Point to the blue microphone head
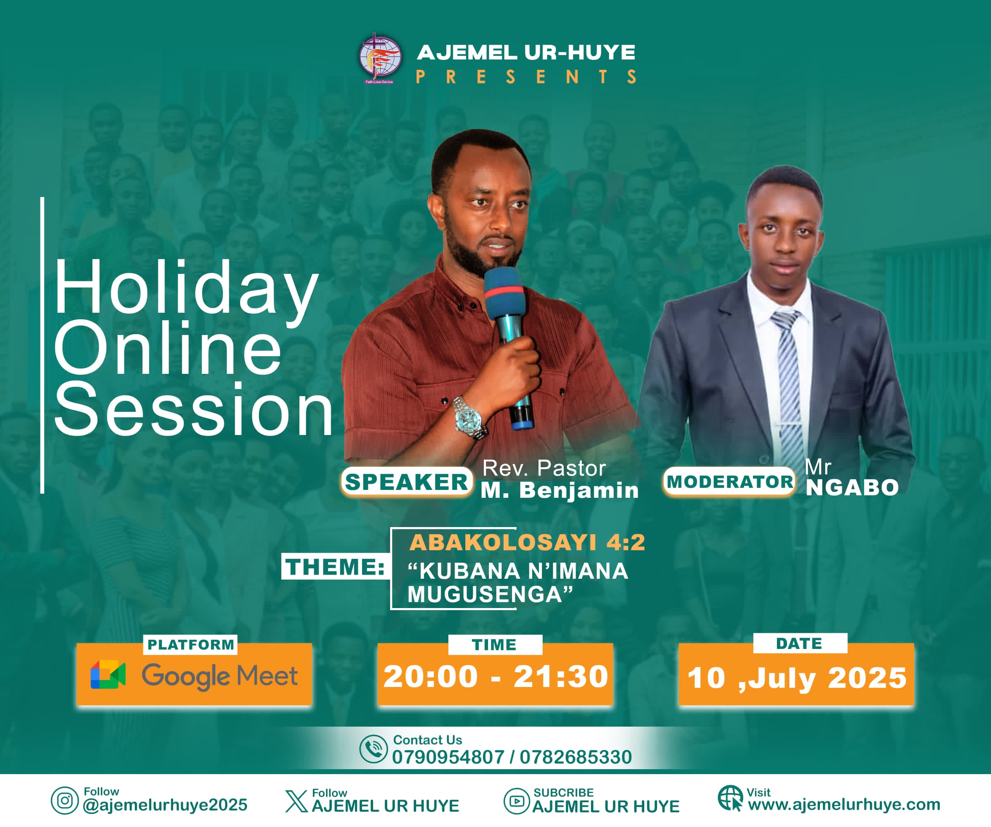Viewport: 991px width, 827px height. coord(505,293)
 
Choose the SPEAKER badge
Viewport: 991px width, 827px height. coord(406,482)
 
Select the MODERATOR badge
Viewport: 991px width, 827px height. coord(729,482)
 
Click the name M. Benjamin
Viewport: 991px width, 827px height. coord(560,491)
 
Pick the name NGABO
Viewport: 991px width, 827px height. coord(852,488)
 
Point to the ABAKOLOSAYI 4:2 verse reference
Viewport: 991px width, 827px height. coord(527,542)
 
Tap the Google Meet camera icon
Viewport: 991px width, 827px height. coord(108,675)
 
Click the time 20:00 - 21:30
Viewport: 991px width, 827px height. coord(495,677)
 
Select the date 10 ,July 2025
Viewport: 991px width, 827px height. coord(797,678)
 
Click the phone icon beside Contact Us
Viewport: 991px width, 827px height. coord(373,749)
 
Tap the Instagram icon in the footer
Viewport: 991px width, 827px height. coord(64,801)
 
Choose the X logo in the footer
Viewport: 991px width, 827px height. coord(296,801)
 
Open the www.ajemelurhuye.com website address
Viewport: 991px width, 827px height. coord(844,804)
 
